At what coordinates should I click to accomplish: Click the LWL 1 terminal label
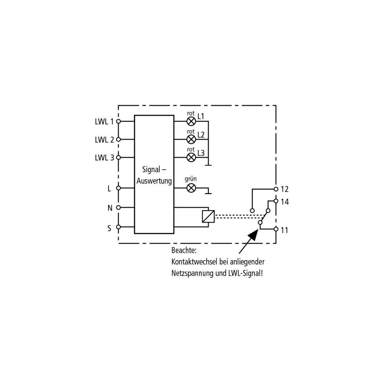click(104, 121)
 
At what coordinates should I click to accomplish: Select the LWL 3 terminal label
click(104, 158)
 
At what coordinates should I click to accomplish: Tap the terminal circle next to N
click(118, 207)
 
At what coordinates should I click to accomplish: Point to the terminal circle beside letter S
click(118, 227)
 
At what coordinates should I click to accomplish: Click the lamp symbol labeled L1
click(191, 121)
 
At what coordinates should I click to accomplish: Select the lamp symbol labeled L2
click(191, 139)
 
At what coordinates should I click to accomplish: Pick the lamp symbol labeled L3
click(191, 157)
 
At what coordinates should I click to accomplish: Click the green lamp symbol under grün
click(191, 188)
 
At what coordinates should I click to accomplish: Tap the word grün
click(191, 179)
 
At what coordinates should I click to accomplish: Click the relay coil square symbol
click(208, 216)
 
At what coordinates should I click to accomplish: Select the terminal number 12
click(285, 189)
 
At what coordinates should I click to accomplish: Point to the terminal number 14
click(285, 202)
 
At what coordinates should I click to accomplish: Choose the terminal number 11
click(284, 230)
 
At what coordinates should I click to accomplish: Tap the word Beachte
click(184, 251)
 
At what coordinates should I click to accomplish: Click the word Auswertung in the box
click(154, 181)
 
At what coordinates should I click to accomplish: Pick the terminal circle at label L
click(118, 188)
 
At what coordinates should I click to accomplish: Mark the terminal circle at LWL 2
click(118, 139)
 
